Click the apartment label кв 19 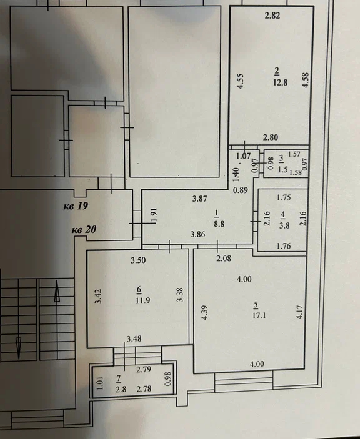point(76,206)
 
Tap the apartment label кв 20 point(84,230)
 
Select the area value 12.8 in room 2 point(280,82)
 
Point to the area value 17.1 point(259,315)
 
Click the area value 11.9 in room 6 point(143,301)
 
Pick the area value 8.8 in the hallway point(219,224)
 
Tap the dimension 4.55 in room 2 point(240,81)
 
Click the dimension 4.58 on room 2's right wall point(306,80)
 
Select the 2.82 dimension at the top point(272,16)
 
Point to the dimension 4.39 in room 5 point(205,312)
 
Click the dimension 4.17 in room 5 point(299,312)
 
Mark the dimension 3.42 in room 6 point(98,297)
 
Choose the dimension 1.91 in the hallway point(154,215)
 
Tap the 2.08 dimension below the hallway point(224,258)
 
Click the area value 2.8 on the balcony point(121,389)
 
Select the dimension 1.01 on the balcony point(100,383)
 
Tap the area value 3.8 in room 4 point(284,225)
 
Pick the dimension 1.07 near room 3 point(243,155)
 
